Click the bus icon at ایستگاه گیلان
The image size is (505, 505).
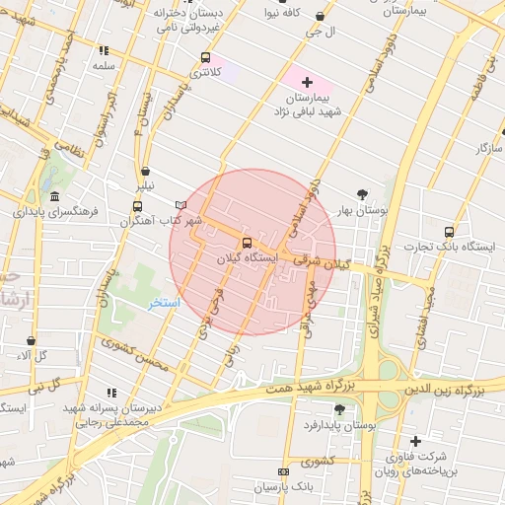click(x=247, y=242)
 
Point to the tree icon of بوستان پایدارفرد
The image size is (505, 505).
click(x=339, y=408)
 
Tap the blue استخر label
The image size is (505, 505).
click(x=164, y=303)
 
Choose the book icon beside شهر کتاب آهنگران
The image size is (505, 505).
click(x=180, y=204)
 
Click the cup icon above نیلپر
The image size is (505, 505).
click(x=145, y=171)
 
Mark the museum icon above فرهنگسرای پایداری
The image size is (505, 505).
click(x=54, y=196)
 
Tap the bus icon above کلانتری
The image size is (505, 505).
click(x=205, y=57)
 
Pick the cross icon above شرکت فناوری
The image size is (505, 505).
click(x=415, y=440)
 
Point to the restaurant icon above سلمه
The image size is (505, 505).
click(x=104, y=50)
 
